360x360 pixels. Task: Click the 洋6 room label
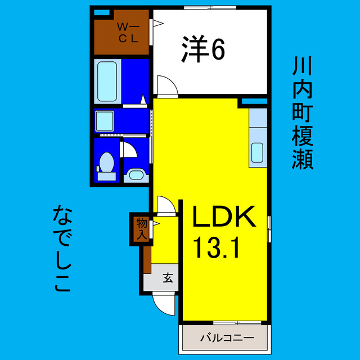tap(203, 50)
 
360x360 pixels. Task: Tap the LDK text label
tap(224, 216)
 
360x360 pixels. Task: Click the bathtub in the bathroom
tap(107, 81)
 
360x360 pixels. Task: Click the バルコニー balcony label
tap(224, 338)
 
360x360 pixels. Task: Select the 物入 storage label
tap(141, 228)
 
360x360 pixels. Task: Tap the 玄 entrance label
tap(168, 277)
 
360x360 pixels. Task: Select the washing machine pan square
tap(105, 121)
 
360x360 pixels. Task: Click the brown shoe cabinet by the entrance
tap(147, 259)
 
